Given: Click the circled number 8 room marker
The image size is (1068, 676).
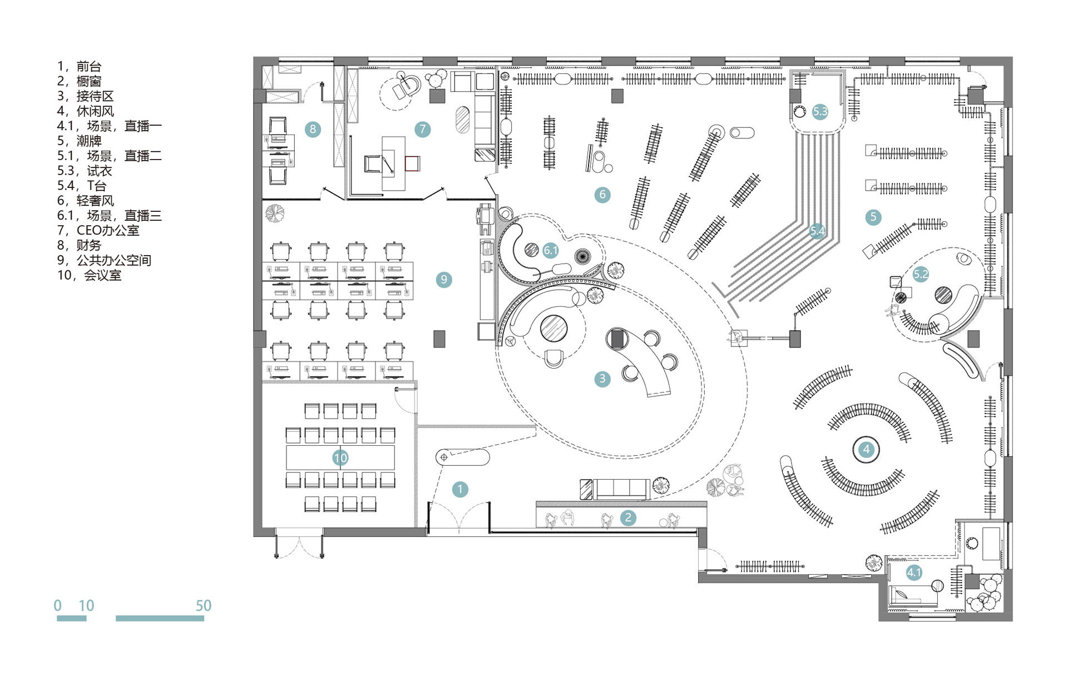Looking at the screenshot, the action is pyautogui.click(x=313, y=130).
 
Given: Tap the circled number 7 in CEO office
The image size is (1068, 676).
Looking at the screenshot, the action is pyautogui.click(x=423, y=130).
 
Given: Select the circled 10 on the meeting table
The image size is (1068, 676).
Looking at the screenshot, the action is pyautogui.click(x=340, y=458).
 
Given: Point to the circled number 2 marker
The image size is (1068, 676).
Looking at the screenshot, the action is pyautogui.click(x=628, y=518).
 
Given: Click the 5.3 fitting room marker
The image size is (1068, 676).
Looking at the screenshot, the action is pyautogui.click(x=820, y=111).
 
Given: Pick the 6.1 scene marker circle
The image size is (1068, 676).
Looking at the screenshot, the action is pyautogui.click(x=551, y=250).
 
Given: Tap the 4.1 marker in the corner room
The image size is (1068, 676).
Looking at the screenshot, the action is pyautogui.click(x=914, y=572).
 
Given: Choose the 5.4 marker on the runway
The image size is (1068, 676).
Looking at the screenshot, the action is pyautogui.click(x=817, y=230).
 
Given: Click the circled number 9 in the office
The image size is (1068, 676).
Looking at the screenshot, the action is pyautogui.click(x=444, y=280).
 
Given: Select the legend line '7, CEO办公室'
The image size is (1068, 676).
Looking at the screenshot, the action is pyautogui.click(x=98, y=230).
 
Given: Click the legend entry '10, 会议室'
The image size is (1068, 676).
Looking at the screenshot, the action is pyautogui.click(x=89, y=275).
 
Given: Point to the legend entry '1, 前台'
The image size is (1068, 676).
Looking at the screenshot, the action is pyautogui.click(x=79, y=67).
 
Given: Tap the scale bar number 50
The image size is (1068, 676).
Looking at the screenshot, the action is pyautogui.click(x=204, y=605).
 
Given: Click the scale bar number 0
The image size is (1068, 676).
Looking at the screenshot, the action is pyautogui.click(x=58, y=605).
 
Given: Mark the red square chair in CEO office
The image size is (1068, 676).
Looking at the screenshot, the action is pyautogui.click(x=412, y=163).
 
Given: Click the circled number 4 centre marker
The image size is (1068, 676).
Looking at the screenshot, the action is pyautogui.click(x=866, y=449).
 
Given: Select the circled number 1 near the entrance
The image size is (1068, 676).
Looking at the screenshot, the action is pyautogui.click(x=460, y=489).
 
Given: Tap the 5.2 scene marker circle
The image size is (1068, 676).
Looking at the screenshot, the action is pyautogui.click(x=921, y=274).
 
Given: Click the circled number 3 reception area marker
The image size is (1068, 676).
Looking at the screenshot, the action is pyautogui.click(x=602, y=379).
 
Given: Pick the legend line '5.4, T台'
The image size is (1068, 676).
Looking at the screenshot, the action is pyautogui.click(x=81, y=186).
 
